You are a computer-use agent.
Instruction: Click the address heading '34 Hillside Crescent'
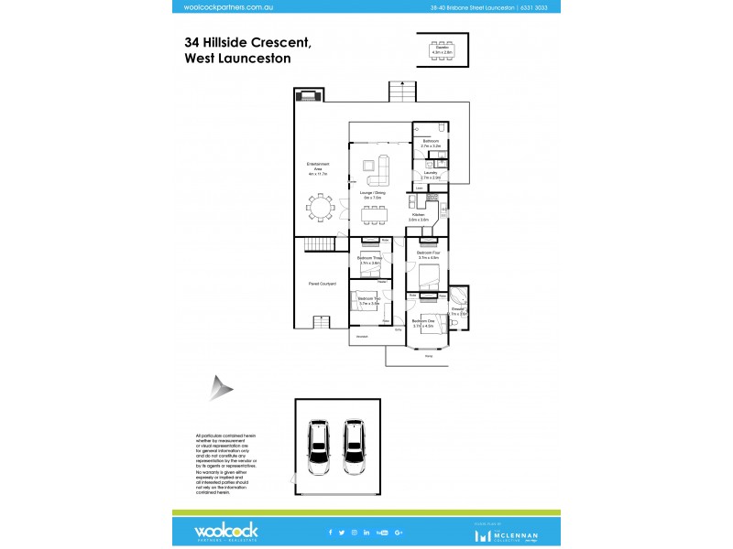click(247, 42)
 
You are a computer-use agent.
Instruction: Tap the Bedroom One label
click(422, 322)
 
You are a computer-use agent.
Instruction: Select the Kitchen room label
click(418, 217)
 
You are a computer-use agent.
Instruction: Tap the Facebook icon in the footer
click(330, 532)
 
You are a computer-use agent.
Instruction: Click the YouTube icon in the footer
click(382, 532)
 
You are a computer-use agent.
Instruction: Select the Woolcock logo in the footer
click(224, 531)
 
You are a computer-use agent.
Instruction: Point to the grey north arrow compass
click(220, 387)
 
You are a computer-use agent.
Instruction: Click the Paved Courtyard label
click(320, 285)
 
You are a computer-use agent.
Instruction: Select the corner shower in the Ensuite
click(459, 300)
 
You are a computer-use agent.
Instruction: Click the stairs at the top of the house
click(399, 91)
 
